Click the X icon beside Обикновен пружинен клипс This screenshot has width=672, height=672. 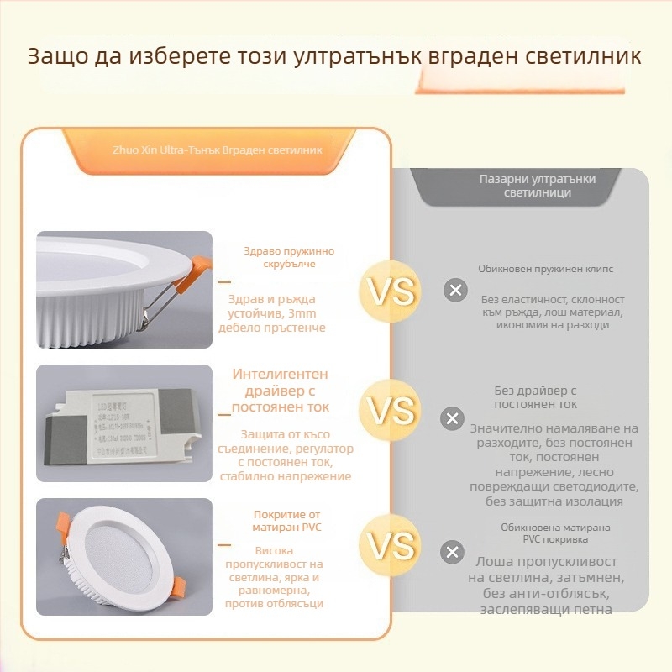455,291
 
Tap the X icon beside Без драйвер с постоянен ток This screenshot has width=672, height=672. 453,417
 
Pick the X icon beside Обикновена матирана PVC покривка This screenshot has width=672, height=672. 453,552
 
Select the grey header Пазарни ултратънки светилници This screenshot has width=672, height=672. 527,186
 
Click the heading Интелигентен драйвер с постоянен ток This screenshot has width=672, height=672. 280,391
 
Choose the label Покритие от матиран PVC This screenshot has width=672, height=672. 287,521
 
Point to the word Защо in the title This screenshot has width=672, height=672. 57,57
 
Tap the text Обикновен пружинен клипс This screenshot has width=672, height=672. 545,269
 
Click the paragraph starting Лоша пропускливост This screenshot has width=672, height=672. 545,585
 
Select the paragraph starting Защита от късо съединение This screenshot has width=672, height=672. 285,455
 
